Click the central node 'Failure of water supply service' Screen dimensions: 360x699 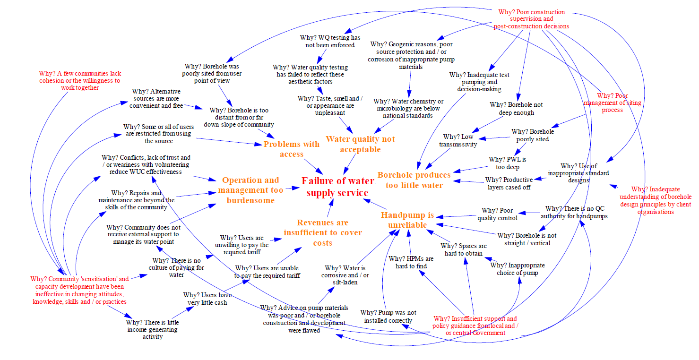[x=338, y=187]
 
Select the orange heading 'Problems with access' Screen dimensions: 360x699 [x=291, y=149]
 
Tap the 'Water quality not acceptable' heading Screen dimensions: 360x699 [x=360, y=144]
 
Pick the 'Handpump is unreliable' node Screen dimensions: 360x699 [x=407, y=220]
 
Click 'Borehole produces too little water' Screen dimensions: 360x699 [x=414, y=180]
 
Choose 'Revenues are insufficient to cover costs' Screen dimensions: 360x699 [x=323, y=232]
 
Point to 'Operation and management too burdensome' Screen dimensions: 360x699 [x=250, y=190]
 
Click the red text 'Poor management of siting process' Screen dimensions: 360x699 [x=612, y=103]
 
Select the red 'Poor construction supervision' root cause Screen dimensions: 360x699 [x=531, y=19]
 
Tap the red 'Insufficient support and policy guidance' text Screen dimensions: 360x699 [x=475, y=326]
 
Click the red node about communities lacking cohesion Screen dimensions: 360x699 [x=80, y=80]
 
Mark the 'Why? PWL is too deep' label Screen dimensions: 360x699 [x=507, y=163]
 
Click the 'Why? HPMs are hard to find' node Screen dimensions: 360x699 [x=411, y=262]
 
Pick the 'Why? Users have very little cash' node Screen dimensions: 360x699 [x=205, y=299]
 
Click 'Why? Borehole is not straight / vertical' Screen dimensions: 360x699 [x=527, y=239]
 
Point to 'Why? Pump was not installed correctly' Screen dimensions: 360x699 [x=388, y=316]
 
